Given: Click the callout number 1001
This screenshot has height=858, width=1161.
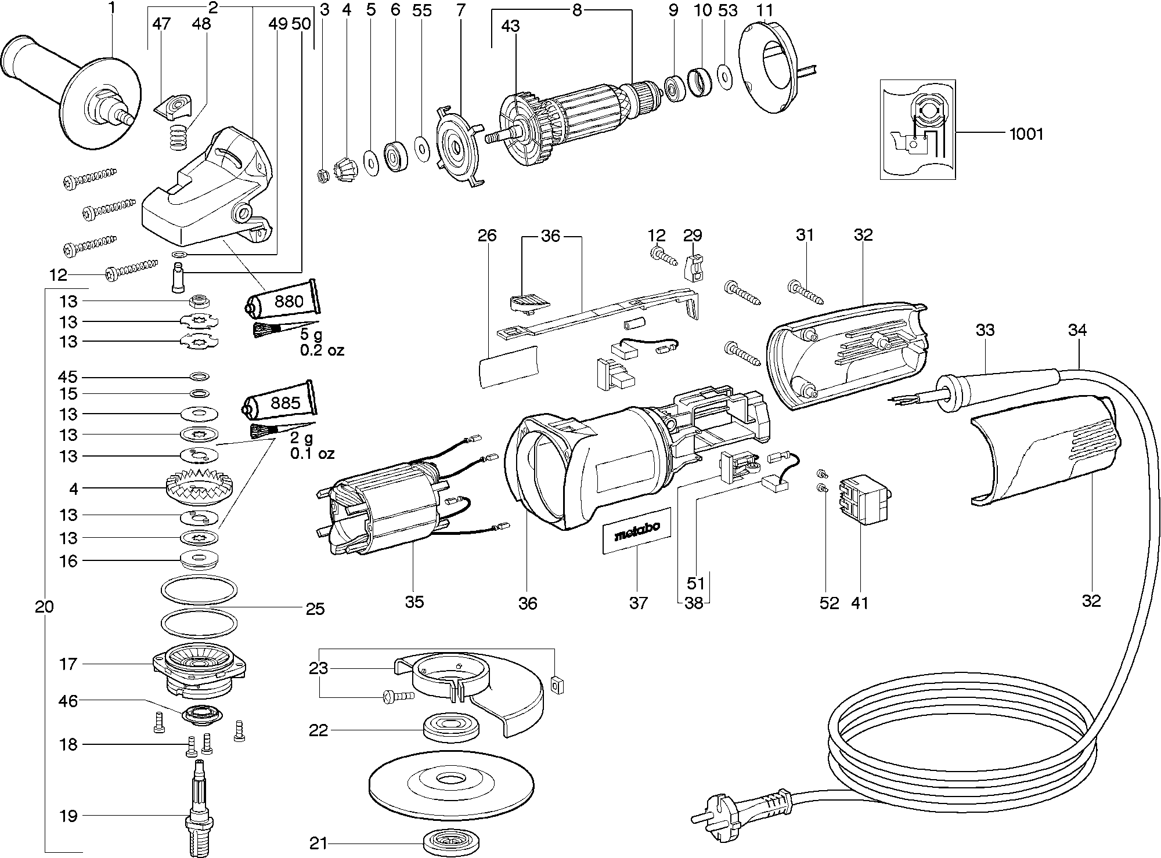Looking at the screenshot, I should [x=1026, y=134].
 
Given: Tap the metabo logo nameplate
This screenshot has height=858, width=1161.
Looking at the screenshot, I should [x=637, y=531].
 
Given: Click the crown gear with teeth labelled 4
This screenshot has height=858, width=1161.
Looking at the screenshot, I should [x=199, y=489].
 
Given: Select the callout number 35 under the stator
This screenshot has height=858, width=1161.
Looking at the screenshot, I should [x=414, y=602].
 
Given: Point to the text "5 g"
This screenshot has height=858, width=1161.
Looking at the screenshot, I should [x=313, y=335].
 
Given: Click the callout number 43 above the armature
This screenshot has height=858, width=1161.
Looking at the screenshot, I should [x=511, y=26].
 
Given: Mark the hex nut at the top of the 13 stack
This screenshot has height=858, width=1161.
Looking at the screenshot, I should [x=199, y=301].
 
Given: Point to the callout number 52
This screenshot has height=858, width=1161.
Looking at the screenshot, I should [x=830, y=603].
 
